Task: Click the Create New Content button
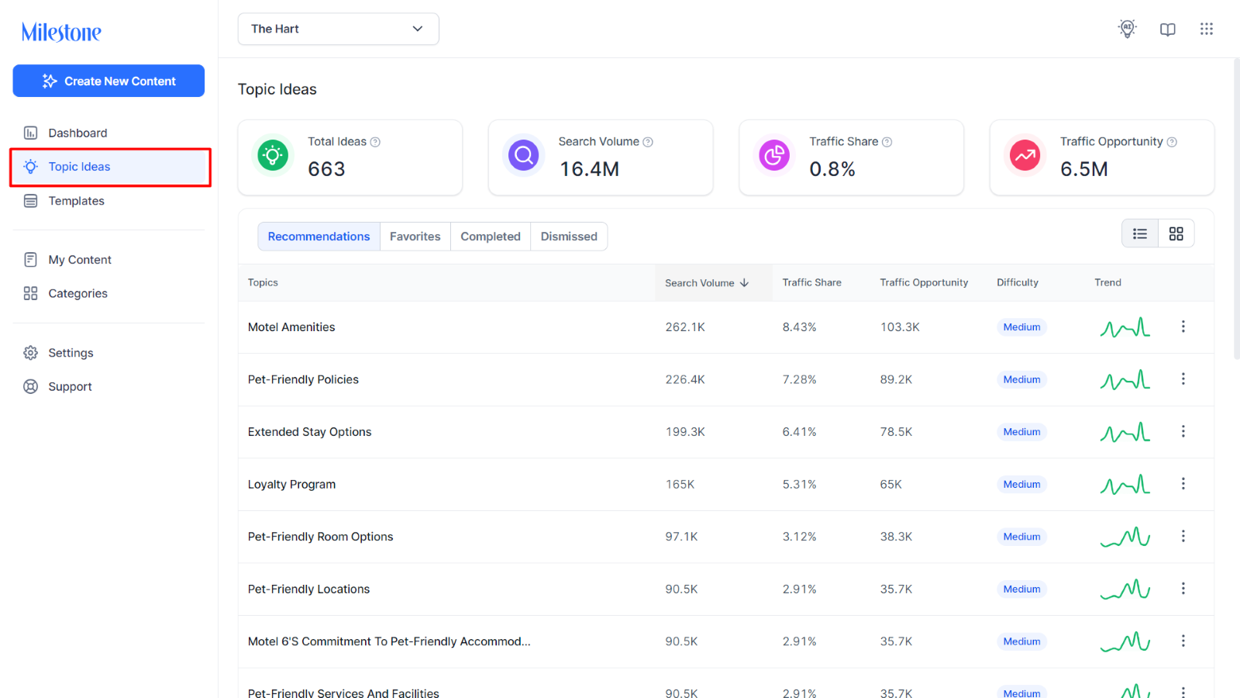coord(108,81)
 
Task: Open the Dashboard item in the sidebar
coord(77,133)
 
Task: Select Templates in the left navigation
coord(76,201)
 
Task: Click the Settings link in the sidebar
coord(71,353)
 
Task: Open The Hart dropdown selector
coord(338,29)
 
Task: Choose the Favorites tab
coord(415,237)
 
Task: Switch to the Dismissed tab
coord(569,237)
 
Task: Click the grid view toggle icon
coord(1176,233)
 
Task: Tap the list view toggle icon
coord(1140,233)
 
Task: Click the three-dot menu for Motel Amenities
coord(1183,327)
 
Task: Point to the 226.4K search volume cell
coord(685,379)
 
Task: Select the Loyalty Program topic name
coord(291,484)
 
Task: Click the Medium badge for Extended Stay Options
coord(1021,431)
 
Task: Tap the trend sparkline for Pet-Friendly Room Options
coord(1125,536)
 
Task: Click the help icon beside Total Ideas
coord(375,143)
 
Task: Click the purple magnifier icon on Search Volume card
coord(523,155)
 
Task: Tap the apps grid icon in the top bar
coord(1206,29)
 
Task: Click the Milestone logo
coord(61,32)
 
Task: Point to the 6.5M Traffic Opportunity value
coord(1084,169)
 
